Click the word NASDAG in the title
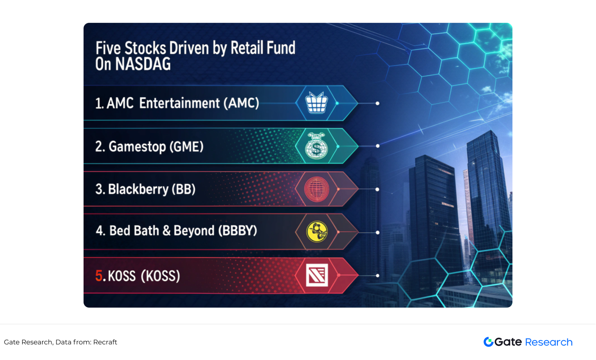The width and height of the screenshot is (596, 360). tap(143, 64)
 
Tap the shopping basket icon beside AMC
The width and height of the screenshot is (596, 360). tap(316, 102)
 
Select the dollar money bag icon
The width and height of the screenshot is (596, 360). tap(316, 146)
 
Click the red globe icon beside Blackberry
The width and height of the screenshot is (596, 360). tap(316, 189)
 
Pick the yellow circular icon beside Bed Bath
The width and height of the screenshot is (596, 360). tap(317, 232)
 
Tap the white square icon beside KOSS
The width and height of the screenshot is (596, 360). tap(317, 275)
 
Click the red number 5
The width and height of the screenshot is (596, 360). tap(99, 275)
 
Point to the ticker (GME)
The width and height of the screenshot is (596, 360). tap(186, 146)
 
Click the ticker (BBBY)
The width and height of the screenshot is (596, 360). tap(237, 231)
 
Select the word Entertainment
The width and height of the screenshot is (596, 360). tap(179, 103)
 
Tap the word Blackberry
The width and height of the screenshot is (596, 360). tap(138, 189)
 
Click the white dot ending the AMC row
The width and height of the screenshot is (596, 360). tap(377, 103)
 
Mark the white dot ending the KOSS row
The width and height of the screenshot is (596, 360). tap(378, 275)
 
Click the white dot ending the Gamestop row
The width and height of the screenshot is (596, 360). tap(378, 146)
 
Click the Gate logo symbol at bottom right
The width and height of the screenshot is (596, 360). tap(488, 342)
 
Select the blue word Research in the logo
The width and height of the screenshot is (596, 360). tap(549, 342)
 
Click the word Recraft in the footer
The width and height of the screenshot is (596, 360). tap(105, 342)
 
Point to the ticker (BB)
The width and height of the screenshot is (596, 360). tap(184, 189)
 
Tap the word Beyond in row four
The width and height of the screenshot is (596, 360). tap(194, 231)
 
